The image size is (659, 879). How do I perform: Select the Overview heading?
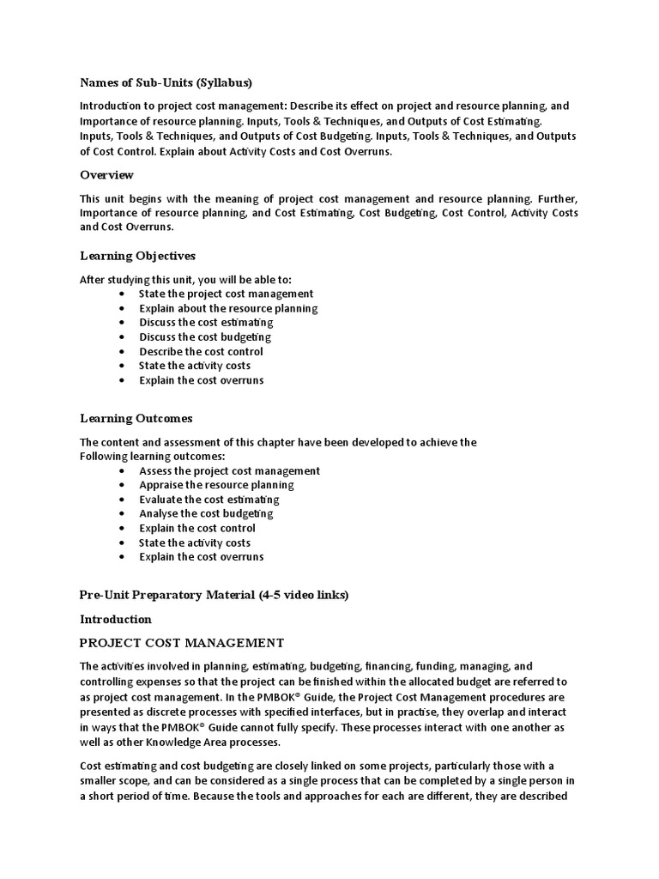tap(106, 175)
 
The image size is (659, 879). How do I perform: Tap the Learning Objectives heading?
tap(137, 256)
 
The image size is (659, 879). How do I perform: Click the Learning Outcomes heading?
tap(136, 419)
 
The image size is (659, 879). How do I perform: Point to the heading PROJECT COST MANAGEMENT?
tap(181, 642)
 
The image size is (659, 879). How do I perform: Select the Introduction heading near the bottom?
tap(115, 619)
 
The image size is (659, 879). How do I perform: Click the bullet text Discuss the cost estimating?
tap(206, 323)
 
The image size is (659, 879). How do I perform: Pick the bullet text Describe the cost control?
tap(201, 352)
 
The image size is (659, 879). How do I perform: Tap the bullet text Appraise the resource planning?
tap(216, 485)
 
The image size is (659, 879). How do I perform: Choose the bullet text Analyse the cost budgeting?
tap(206, 514)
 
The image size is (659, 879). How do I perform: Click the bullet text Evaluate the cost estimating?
tap(209, 500)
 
